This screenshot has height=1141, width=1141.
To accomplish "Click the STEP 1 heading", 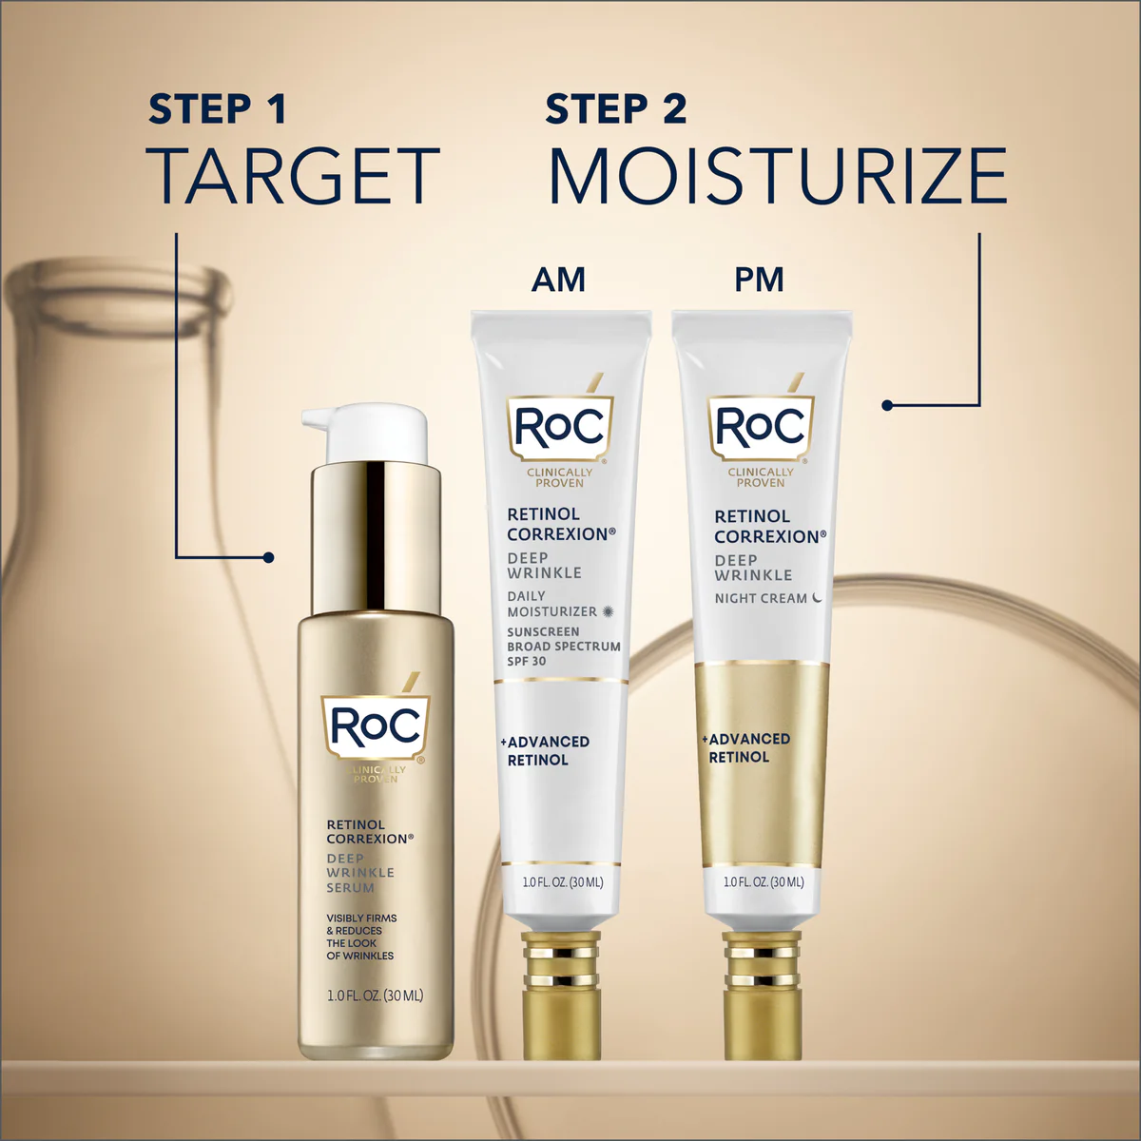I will click(217, 109).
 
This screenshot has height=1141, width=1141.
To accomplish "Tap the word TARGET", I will click(294, 176).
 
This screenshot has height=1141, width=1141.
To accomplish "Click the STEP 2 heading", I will click(615, 109).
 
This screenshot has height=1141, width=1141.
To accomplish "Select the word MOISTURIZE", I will click(778, 176).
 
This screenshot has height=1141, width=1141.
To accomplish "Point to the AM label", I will click(558, 280).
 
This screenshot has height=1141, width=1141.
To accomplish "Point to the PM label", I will click(759, 280).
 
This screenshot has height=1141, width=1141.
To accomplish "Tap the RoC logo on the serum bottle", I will click(376, 727).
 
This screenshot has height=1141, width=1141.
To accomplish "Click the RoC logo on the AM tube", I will click(559, 427).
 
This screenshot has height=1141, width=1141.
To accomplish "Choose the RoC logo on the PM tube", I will click(760, 428).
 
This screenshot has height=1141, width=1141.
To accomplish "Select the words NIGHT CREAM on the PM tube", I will click(761, 598).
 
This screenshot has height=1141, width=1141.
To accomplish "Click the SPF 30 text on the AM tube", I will click(527, 661).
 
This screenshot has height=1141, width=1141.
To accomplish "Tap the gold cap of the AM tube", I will click(561, 994).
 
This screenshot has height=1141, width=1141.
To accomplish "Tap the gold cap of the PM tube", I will click(761, 994).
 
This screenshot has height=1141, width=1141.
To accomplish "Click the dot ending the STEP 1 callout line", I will click(269, 557).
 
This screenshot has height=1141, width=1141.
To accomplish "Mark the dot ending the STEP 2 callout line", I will click(887, 405).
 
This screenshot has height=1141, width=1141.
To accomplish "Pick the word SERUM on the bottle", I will click(351, 887).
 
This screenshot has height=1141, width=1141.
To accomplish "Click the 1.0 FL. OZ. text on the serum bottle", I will click(375, 996).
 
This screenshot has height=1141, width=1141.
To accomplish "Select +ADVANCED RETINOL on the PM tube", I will click(747, 747).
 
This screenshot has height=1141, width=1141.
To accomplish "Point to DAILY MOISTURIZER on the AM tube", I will click(552, 604).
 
